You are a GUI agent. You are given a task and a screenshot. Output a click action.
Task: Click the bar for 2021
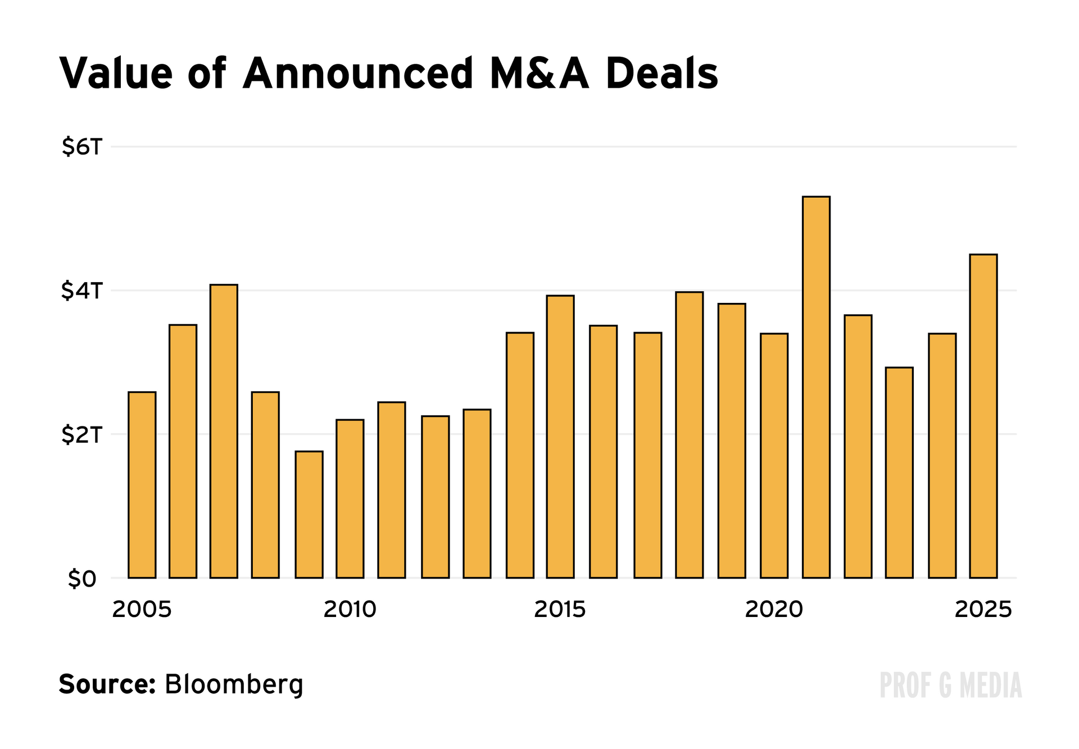point(816,387)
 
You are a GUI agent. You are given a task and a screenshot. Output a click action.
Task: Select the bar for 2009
point(309,514)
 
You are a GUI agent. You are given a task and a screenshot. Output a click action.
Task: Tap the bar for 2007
point(224,431)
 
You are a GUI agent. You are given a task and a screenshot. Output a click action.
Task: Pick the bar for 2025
point(983,416)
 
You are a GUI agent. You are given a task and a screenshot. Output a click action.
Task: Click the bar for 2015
point(560,437)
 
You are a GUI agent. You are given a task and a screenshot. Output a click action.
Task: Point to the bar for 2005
point(142,484)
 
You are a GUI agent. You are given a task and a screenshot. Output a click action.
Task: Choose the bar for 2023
point(899,473)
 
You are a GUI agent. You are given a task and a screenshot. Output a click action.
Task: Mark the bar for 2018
point(690,435)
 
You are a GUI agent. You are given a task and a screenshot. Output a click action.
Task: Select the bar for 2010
point(350,498)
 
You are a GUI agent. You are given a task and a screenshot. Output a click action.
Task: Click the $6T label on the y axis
point(83,147)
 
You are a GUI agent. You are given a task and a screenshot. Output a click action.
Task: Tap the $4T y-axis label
point(83,291)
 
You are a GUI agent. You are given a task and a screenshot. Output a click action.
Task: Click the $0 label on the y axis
point(83,579)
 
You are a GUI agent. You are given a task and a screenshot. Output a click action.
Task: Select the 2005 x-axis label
point(142,610)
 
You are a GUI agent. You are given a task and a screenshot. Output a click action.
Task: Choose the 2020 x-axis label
point(774,610)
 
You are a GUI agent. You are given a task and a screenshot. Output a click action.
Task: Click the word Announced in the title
point(358,74)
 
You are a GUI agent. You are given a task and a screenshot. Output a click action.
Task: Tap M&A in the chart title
point(539,74)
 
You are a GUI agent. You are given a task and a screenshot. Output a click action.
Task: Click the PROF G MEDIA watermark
point(951,686)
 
